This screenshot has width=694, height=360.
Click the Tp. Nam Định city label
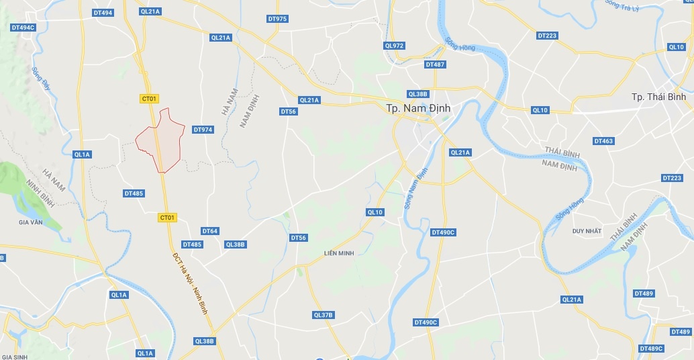click(418, 107)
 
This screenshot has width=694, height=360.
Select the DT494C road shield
click(23, 28)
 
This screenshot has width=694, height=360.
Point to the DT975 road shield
click(277, 19)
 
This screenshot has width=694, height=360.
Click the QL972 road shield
click(395, 46)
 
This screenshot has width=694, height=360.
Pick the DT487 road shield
click(435, 64)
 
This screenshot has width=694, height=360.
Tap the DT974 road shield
click(202, 130)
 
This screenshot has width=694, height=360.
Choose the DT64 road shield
click(209, 231)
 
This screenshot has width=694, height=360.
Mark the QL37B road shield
click(323, 315)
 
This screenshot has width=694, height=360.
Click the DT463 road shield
click(603, 141)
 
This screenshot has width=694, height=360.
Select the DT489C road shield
click(651, 348)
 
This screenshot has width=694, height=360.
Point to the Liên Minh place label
click(338, 253)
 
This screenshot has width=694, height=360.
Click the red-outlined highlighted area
click(161, 140)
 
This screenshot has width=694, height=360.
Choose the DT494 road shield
click(102, 13)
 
